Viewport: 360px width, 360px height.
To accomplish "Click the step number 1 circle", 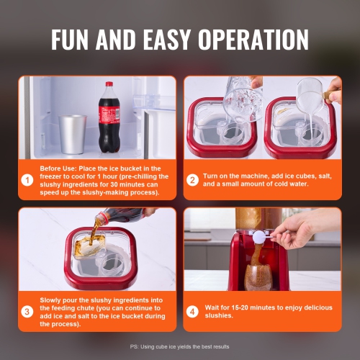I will coord(27,180).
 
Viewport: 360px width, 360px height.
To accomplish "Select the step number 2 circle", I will coord(192,180).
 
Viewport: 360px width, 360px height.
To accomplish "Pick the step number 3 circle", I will coord(27,312).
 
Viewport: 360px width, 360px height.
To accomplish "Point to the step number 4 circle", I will coord(192,312).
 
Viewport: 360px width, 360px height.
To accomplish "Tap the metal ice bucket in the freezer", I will coord(72,133).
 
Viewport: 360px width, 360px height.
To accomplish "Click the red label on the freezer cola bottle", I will coord(109,115).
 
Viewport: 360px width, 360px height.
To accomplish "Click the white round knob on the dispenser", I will coord(258,235).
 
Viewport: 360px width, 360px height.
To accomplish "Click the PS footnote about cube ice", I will coord(179,346).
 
